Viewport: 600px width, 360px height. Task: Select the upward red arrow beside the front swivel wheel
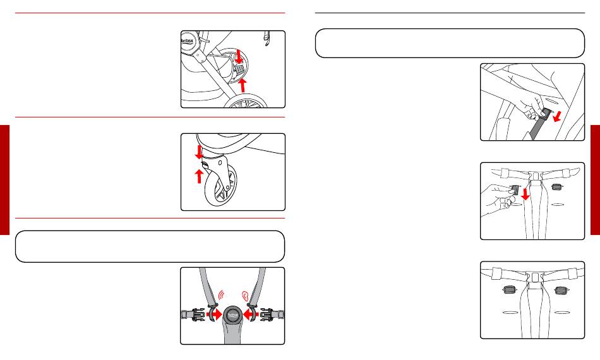click(x=200, y=175)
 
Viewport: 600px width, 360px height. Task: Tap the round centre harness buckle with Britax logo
click(x=232, y=314)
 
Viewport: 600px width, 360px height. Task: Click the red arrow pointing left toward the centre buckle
click(x=252, y=313)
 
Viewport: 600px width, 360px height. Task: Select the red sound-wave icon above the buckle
click(x=220, y=294)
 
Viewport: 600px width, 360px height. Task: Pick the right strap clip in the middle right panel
click(x=556, y=186)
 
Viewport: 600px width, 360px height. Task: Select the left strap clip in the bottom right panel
click(x=507, y=291)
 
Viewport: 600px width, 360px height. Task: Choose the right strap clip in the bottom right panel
click(x=560, y=291)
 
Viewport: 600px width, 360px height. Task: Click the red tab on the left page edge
click(x=5, y=180)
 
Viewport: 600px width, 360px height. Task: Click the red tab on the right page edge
click(x=595, y=180)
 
